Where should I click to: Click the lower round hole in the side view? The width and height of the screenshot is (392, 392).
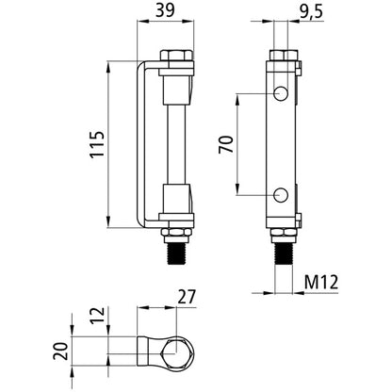tap(280, 195)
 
